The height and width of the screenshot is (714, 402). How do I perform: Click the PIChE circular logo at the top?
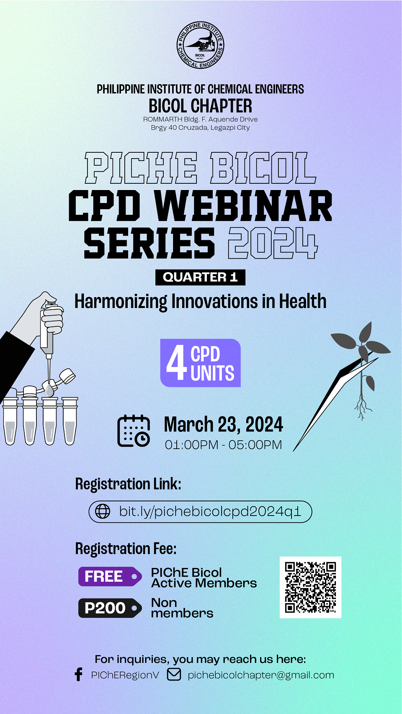tap(200, 45)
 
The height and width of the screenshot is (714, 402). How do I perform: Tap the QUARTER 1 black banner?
tap(200, 277)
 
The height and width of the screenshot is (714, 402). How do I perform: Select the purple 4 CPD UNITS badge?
tap(200, 363)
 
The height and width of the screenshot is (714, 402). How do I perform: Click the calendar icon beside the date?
tap(134, 431)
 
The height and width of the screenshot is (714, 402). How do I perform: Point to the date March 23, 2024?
tap(223, 424)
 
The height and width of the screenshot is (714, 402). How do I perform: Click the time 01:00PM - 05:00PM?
tap(223, 444)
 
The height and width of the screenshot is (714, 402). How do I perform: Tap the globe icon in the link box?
tap(103, 511)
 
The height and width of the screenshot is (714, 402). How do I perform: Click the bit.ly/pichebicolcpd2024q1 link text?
tap(210, 511)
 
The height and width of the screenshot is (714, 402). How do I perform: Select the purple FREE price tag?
tap(110, 576)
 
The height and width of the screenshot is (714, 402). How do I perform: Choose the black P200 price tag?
tap(110, 608)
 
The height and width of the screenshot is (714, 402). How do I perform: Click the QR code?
tap(310, 588)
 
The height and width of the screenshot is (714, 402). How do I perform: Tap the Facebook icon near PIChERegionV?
tap(78, 675)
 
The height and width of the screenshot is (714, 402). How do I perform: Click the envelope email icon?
tap(174, 675)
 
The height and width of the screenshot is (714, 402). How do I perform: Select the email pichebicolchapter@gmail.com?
tap(261, 675)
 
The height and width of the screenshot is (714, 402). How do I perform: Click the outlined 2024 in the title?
tap(273, 243)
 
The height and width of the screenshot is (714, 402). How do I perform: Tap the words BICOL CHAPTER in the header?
tap(200, 106)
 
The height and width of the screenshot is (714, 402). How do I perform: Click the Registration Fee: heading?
tap(126, 549)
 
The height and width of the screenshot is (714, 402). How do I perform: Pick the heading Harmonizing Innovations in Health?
tap(200, 301)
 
